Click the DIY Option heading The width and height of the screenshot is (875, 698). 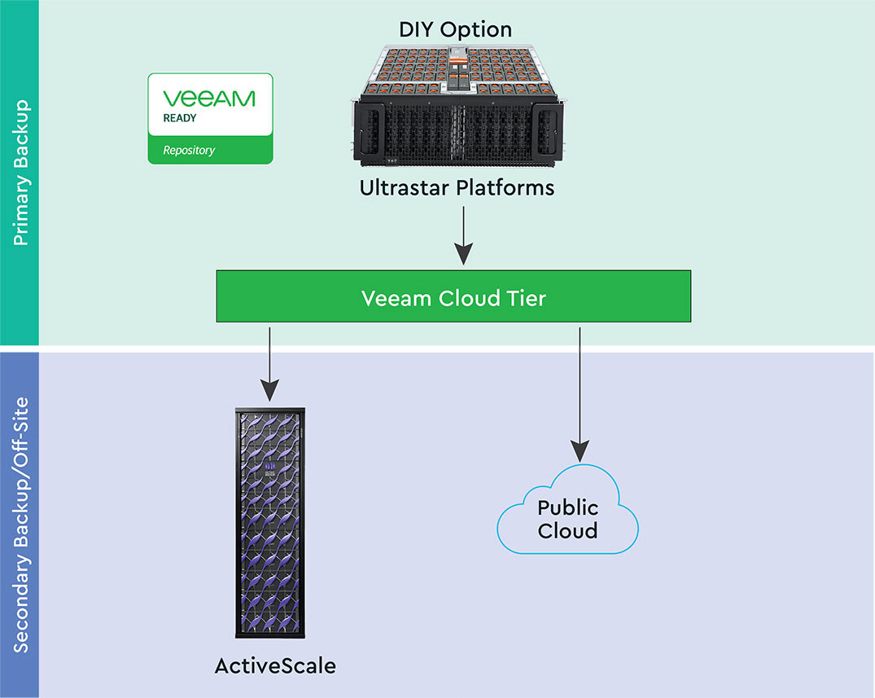455,30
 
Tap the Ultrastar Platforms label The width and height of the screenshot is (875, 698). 457,188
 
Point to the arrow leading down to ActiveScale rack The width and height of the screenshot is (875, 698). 269,358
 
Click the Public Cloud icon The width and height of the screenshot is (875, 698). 567,513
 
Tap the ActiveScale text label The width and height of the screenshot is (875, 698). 275,665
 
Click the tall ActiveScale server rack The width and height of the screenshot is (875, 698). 270,521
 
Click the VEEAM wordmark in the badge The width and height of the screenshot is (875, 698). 209,99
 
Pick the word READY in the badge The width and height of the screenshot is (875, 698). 180,118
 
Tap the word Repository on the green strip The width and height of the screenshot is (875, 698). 189,150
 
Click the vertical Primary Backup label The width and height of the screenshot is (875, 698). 21,173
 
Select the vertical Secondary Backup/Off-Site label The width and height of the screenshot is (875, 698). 21,524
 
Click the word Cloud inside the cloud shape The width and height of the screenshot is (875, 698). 567,531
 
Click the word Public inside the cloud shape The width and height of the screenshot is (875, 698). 567,508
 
